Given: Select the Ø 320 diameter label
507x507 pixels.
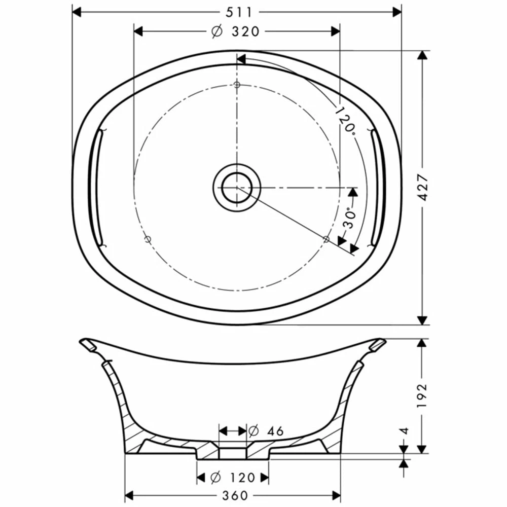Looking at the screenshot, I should (236, 31).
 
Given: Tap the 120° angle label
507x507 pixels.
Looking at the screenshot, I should (345, 120).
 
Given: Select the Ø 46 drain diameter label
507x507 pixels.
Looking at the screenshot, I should (266, 431).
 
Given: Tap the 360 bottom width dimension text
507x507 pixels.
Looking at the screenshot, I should (234, 495).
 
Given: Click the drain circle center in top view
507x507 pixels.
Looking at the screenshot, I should (237, 187).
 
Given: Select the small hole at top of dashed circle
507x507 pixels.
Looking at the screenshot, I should (237, 84).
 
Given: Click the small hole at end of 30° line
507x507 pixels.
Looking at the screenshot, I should (327, 238).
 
